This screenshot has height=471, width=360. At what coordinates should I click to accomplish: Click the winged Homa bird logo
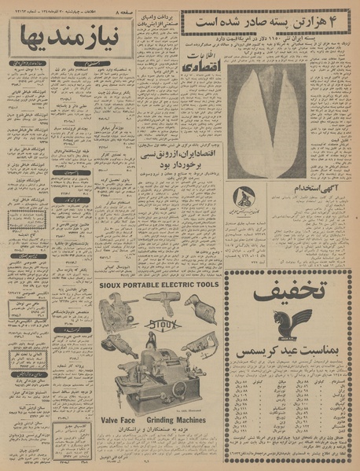[288, 322]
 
